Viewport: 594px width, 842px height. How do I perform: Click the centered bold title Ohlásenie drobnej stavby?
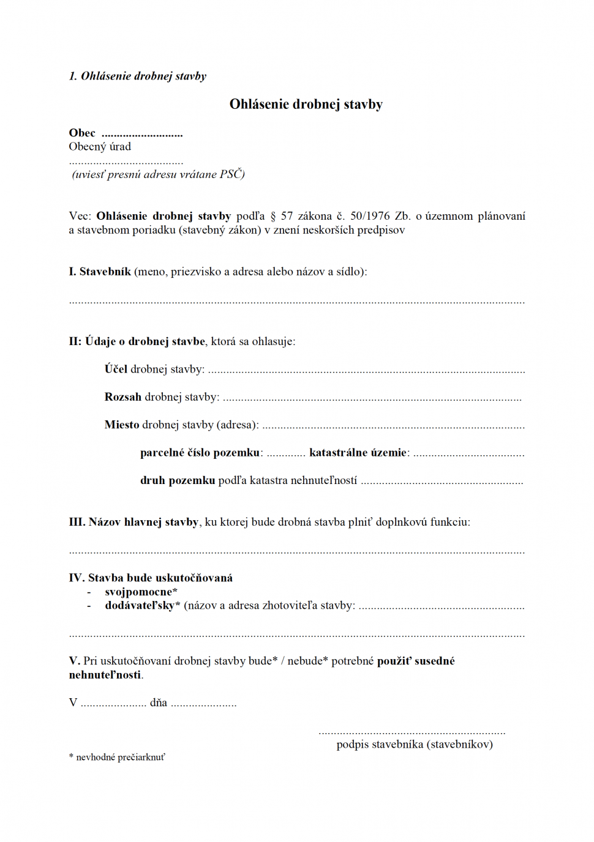306,104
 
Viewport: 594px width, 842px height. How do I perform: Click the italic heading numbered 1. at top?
137,76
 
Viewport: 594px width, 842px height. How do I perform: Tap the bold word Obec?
82,133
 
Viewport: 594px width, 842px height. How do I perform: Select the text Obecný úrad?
100,147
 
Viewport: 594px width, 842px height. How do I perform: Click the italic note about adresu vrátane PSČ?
158,174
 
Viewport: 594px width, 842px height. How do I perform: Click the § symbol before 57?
273,216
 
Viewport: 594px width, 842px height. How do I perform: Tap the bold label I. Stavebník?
100,272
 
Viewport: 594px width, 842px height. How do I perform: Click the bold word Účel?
116,369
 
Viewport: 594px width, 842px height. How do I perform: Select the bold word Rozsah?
122,397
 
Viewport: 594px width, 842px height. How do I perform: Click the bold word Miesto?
122,425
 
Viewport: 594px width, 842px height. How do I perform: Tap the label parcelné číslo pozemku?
200,453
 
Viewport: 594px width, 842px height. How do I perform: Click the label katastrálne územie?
358,453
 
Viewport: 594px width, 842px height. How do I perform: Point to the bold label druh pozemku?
178,480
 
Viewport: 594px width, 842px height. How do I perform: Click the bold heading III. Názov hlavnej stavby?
133,522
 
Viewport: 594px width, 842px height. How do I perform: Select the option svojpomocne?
140,592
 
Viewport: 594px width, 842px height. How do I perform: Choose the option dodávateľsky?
141,606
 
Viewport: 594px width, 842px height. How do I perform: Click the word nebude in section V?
305,661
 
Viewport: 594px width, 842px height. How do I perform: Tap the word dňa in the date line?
159,702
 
